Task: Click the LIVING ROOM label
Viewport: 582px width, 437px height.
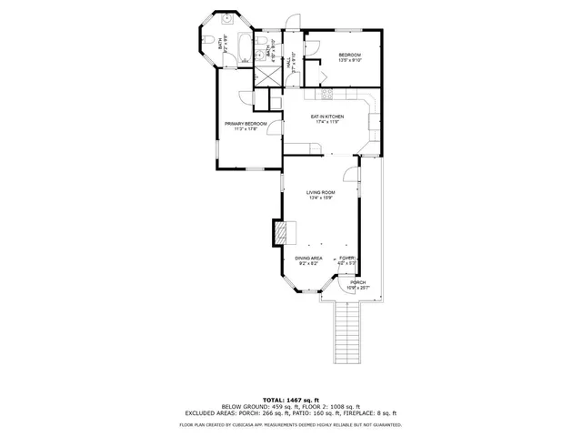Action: tap(320, 192)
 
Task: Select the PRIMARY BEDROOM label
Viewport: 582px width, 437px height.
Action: tap(246, 123)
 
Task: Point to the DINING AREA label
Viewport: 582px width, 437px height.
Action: tap(308, 258)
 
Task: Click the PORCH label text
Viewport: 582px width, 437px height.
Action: tap(358, 282)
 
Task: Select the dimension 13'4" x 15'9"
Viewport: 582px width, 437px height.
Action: tap(320, 199)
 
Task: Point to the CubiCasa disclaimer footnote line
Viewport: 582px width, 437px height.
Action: tap(290, 424)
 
